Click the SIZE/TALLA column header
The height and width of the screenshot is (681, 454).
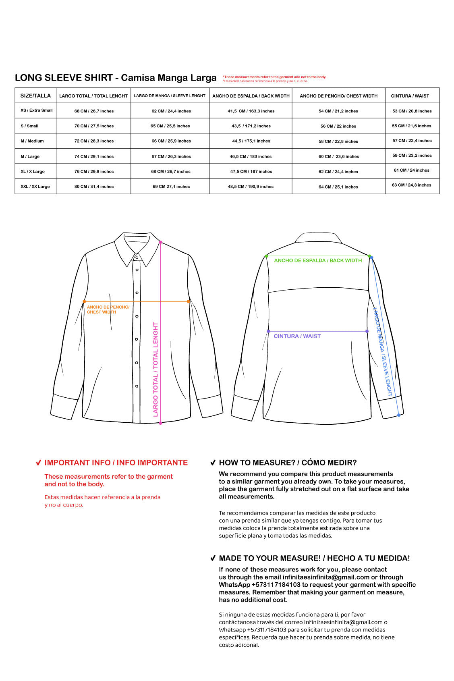35,96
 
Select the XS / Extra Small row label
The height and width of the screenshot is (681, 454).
37,110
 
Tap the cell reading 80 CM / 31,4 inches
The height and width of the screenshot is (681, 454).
94,187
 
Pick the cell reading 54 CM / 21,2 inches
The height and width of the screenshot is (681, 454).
338,111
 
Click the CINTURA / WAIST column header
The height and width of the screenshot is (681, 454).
410,96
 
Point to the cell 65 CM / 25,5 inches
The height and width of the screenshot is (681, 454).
170,126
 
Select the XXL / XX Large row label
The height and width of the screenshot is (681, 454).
35,187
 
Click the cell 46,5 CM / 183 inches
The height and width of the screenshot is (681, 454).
251,156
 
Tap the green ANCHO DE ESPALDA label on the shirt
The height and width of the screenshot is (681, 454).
318,261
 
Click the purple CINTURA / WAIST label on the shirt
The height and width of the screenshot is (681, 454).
297,336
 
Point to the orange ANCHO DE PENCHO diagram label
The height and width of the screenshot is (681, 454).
108,309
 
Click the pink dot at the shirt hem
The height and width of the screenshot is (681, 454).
160,423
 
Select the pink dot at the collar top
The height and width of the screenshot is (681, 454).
160,242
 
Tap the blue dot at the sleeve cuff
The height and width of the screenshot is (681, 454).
398,415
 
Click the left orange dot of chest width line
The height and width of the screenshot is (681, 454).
84,301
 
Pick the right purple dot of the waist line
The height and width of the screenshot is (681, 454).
367,331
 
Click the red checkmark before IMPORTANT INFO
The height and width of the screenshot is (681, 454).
39,463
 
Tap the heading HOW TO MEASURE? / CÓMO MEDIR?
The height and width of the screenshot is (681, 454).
288,463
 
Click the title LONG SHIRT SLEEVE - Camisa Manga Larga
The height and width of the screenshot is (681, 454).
116,78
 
